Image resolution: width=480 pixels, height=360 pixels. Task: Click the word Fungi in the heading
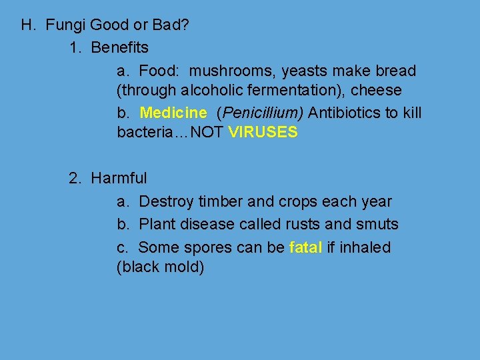[x=65, y=26]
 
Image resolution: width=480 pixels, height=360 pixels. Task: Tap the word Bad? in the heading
[x=172, y=26]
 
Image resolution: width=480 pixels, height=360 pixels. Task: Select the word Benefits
[x=120, y=48]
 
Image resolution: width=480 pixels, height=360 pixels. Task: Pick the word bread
[x=397, y=71]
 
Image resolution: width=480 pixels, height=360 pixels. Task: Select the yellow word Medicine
[x=173, y=113]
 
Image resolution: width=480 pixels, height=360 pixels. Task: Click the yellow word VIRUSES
[x=263, y=133]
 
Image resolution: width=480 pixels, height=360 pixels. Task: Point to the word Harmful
[x=119, y=179]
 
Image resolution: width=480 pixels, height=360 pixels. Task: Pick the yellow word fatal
[x=306, y=247]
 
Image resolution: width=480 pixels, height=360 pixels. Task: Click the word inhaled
[x=365, y=247]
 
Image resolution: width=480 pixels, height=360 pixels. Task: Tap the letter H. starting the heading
[x=28, y=26]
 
